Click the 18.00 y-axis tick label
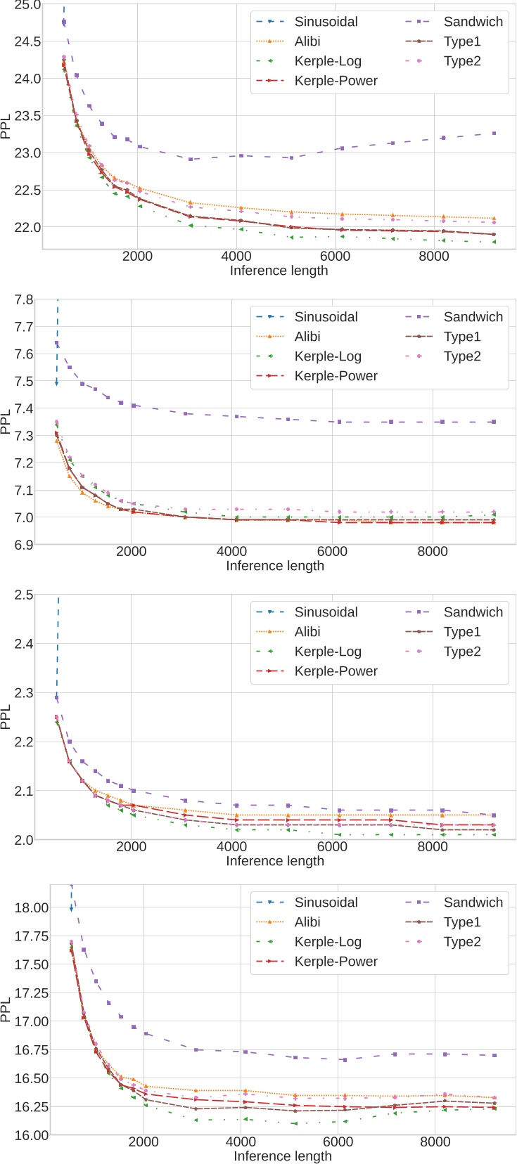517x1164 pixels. (30, 907)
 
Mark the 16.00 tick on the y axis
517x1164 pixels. (30, 1135)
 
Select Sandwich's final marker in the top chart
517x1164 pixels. (494, 133)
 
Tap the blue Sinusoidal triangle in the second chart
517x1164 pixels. (57, 383)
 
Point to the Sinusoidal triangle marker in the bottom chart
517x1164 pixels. (71, 909)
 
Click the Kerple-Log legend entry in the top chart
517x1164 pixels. (328, 61)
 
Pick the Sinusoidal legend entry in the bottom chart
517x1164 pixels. (326, 903)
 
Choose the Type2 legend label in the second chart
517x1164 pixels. (462, 356)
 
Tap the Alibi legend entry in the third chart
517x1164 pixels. (307, 632)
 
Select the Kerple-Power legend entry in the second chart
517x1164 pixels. (336, 376)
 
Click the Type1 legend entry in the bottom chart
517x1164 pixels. (462, 922)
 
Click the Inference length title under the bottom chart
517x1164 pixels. (282, 1156)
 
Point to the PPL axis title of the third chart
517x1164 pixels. (7, 716)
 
